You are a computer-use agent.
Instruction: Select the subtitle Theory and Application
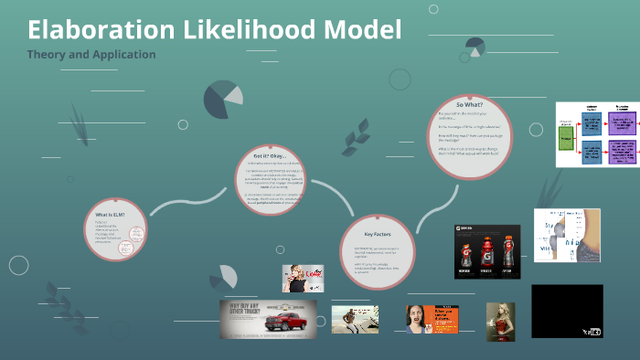[91, 54]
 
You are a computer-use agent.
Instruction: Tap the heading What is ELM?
[110, 214]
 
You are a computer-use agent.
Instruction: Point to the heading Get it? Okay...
[272, 156]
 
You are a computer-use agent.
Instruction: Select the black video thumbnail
[567, 310]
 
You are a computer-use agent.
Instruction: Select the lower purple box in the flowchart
[624, 152]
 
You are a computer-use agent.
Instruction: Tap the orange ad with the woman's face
[432, 317]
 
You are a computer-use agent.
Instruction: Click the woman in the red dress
[500, 323]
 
